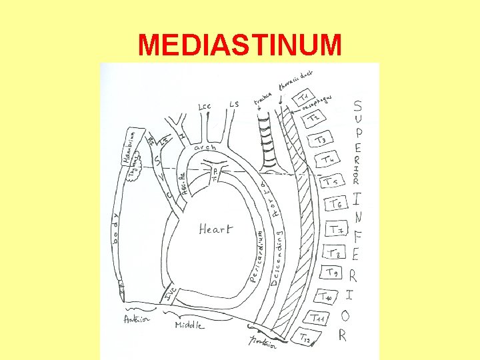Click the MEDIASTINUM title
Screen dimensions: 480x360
239,45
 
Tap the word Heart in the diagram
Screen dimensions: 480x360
216,229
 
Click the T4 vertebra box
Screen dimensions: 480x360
327,160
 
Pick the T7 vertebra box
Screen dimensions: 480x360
337,230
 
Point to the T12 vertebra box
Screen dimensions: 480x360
305,339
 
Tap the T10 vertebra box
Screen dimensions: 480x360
326,296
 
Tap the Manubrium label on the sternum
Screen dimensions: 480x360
130,145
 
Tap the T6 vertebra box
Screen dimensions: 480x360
335,205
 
